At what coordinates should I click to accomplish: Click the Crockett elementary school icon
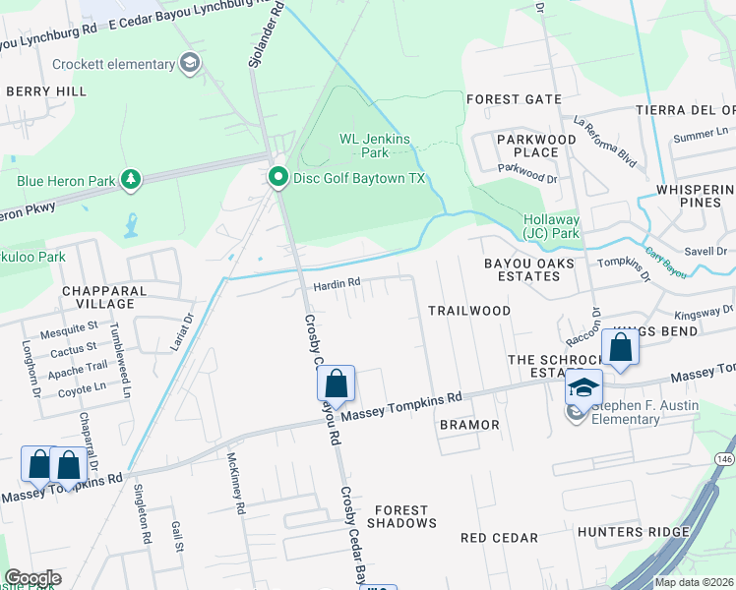(190, 65)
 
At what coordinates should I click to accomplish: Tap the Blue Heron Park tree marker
(129, 179)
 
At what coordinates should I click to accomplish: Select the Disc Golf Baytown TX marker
(277, 178)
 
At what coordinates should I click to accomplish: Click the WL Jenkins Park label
(374, 146)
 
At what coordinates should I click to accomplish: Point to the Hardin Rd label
(337, 283)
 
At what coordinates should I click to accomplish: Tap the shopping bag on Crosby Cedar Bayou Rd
(336, 384)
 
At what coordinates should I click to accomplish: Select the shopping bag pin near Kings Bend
(620, 348)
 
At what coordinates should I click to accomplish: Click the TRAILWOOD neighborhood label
(469, 311)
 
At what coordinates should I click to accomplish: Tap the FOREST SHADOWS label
(401, 516)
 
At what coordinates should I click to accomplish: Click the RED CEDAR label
(499, 538)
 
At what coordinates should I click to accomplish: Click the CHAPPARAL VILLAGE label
(103, 298)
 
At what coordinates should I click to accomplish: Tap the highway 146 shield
(724, 459)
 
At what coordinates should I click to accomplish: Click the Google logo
(31, 578)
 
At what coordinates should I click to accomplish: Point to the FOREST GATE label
(506, 99)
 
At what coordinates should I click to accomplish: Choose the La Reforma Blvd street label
(605, 142)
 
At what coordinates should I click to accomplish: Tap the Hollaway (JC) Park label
(552, 227)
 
